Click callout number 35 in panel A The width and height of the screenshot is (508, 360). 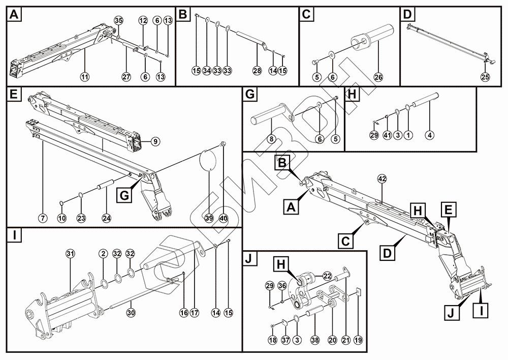(x=118, y=20)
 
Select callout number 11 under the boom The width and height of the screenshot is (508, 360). (x=85, y=76)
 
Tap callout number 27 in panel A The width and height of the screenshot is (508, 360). (x=126, y=76)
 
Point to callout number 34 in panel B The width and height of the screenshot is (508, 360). (x=207, y=70)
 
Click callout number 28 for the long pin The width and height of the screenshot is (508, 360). (x=257, y=70)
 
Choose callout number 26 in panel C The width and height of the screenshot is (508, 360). (x=378, y=77)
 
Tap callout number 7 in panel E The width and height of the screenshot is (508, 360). (x=43, y=218)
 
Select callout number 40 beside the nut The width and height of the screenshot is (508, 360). (x=223, y=218)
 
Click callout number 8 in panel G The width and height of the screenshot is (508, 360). (x=272, y=138)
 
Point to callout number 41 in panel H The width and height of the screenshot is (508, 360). (x=387, y=135)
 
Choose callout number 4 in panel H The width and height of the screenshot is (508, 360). (x=430, y=135)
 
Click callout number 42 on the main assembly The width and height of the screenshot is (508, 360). (x=382, y=178)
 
